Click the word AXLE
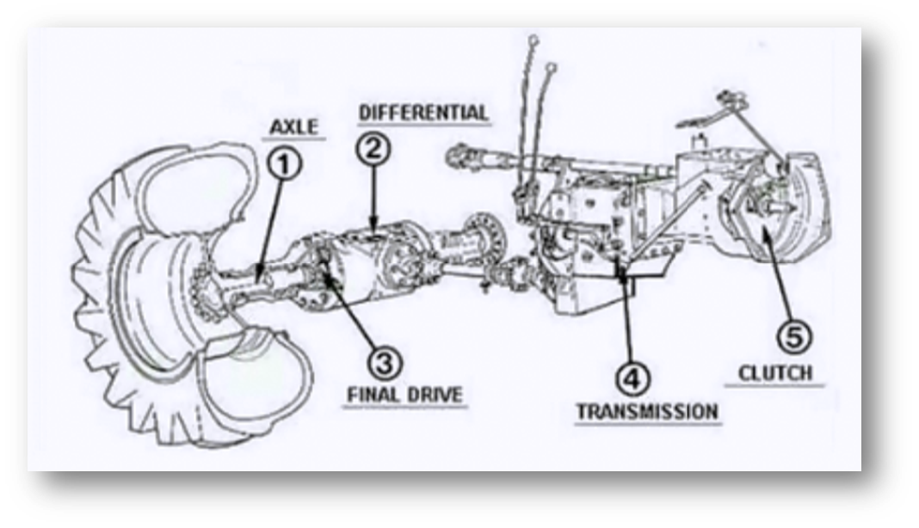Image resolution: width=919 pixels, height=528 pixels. tap(294, 128)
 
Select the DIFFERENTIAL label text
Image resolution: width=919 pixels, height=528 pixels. tap(423, 113)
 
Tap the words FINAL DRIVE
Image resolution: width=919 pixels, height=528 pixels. tap(404, 396)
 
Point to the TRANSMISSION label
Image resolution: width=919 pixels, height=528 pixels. tap(646, 411)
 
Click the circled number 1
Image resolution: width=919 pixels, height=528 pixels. tap(285, 163)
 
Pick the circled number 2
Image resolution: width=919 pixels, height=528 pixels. tap(373, 149)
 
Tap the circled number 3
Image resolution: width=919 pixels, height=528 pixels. tap(385, 362)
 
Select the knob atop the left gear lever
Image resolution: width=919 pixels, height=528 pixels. tap(533, 40)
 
